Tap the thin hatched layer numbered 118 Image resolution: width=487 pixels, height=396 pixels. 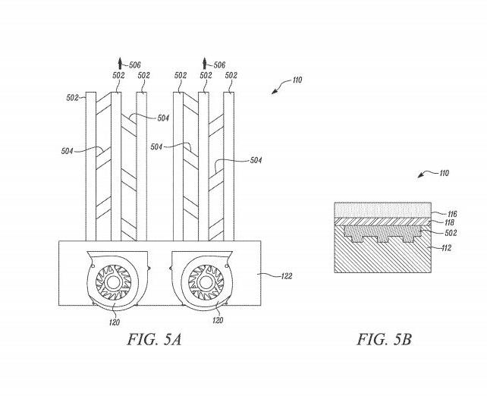pos(383,222)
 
